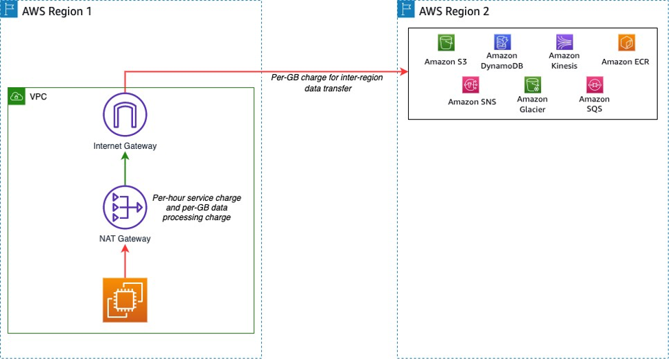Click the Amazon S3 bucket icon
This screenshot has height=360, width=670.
[x=446, y=43]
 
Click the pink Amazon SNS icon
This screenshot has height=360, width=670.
[x=471, y=84]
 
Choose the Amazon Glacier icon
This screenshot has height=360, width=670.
[x=533, y=84]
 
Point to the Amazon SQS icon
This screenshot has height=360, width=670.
[x=594, y=84]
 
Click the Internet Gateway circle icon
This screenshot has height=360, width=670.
[x=125, y=115]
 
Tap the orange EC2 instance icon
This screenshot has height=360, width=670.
[x=125, y=300]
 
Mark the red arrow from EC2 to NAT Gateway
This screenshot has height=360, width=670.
[x=125, y=262]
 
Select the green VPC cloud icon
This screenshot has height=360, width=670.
[x=16, y=97]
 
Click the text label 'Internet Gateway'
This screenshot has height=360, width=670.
[x=125, y=146]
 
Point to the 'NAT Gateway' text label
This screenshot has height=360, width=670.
[x=125, y=239]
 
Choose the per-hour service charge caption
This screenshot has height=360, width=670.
[x=197, y=207]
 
